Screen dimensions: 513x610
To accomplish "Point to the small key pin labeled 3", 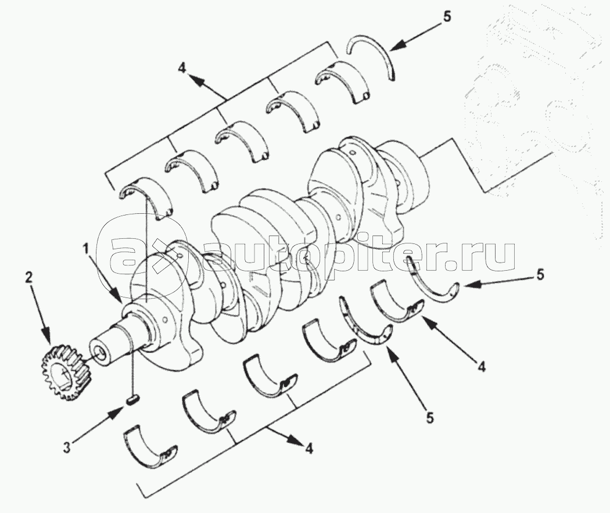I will coord(132,400).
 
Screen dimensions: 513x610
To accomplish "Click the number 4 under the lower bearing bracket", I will coord(310,448).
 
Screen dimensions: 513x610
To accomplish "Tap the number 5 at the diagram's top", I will coord(446,17).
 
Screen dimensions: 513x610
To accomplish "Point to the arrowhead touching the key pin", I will coord(120,409).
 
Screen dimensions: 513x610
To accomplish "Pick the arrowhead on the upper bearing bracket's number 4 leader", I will coord(197,83).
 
